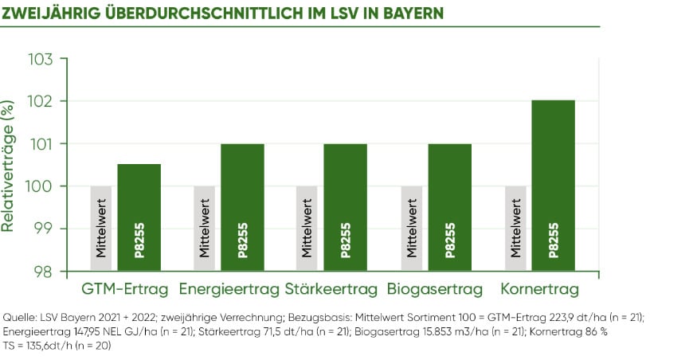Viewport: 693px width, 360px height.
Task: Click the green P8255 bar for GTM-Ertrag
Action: [139, 217]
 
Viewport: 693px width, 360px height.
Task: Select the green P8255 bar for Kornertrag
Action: [554, 185]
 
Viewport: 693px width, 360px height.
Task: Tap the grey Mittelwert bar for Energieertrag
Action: [205, 228]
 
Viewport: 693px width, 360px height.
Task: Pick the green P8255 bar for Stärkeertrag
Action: [345, 207]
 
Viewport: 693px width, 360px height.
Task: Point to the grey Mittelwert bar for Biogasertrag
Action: [412, 228]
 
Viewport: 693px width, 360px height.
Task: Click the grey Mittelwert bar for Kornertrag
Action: [515, 228]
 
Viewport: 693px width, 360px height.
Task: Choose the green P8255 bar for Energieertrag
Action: [242, 207]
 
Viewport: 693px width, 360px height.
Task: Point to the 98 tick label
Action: [43, 271]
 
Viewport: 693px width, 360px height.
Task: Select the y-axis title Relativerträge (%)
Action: [9, 165]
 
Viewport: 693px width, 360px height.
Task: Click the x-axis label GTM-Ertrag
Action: [125, 288]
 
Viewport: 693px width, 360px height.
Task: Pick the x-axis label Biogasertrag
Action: [437, 288]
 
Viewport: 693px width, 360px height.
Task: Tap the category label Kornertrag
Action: [540, 288]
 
